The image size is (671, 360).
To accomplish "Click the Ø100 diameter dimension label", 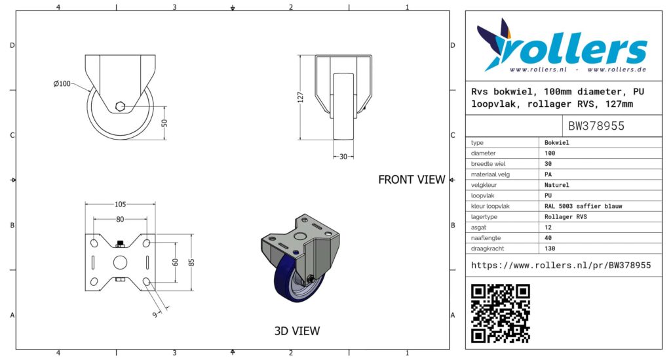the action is (x=62, y=84).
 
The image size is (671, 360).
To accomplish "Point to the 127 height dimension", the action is (x=300, y=97).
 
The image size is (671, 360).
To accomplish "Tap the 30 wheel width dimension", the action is (x=343, y=157).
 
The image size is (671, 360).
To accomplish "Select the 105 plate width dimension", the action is (x=121, y=204).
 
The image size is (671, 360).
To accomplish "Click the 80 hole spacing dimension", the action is (x=120, y=219).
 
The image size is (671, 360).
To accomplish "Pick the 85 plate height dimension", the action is (x=191, y=262).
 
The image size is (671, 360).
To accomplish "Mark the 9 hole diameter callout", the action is (x=155, y=315).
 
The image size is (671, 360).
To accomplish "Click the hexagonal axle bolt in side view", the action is (x=121, y=106).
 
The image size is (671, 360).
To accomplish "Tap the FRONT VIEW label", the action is (x=412, y=180).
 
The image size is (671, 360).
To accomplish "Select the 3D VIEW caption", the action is (x=297, y=331).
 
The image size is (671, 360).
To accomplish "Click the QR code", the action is (x=500, y=313).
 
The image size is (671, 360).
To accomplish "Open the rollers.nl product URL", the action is (x=561, y=266).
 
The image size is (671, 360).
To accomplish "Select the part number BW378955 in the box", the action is (x=596, y=126).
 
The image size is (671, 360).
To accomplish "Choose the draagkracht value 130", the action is (x=550, y=249).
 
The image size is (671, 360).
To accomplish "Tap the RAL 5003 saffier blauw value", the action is (x=583, y=207).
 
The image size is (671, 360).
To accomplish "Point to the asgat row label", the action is (x=478, y=228).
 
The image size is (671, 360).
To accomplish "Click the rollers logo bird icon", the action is (x=495, y=43).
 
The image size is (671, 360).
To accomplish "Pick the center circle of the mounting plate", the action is (x=121, y=262).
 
